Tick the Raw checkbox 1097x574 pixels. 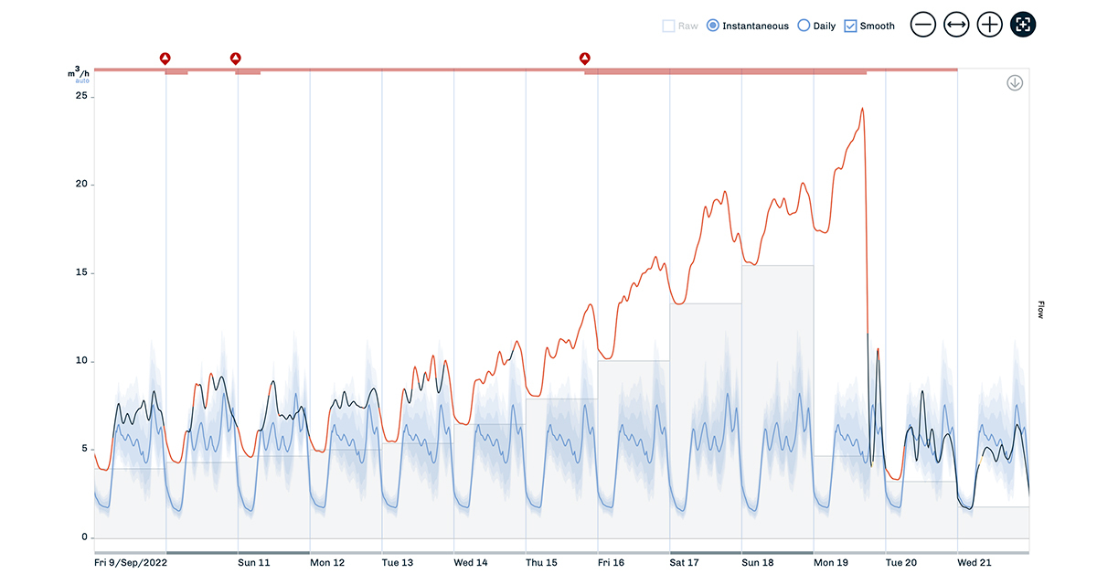click(x=669, y=27)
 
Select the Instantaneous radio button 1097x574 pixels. click(x=713, y=27)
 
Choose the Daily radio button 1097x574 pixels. click(x=804, y=27)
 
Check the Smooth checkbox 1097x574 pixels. click(x=851, y=27)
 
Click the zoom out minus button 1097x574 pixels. click(x=923, y=25)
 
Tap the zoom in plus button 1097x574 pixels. click(x=990, y=25)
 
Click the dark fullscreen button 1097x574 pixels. click(x=1023, y=25)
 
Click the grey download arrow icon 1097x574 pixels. click(x=1015, y=83)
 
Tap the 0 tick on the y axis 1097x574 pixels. click(x=83, y=537)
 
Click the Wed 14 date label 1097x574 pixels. click(x=471, y=563)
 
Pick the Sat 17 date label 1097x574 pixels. click(x=685, y=563)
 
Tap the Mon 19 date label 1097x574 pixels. click(x=830, y=563)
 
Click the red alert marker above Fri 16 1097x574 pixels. click(x=585, y=58)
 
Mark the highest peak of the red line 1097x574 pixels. click(x=862, y=109)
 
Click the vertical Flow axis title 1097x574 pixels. click(x=1040, y=310)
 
